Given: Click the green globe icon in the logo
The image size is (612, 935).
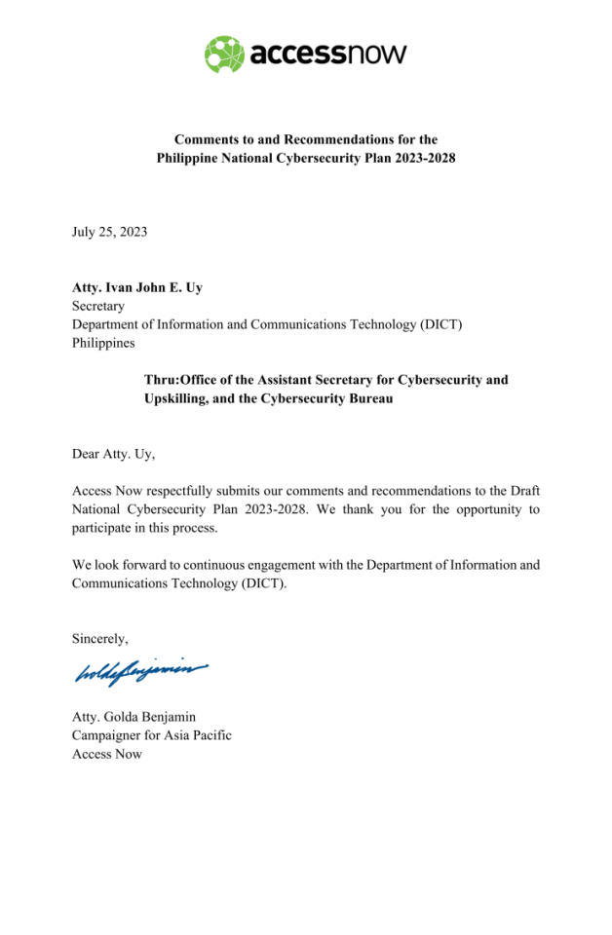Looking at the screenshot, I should tap(224, 54).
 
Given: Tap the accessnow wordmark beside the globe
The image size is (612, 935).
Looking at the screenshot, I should tap(328, 54).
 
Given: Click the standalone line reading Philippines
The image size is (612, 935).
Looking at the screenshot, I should tap(103, 343).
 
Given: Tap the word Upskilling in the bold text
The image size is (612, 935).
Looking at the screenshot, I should tap(177, 398).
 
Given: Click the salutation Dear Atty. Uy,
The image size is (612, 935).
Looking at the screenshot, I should tap(113, 453).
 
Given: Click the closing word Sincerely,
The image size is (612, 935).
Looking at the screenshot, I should tap(100, 638).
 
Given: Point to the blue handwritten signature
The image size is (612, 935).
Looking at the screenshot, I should tap(140, 671).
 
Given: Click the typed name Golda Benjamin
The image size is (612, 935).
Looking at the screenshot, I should tap(152, 717).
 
